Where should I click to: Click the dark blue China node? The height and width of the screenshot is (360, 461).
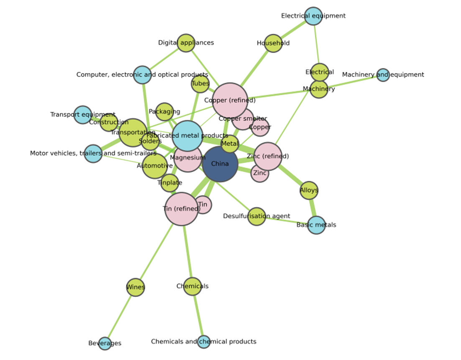pos(220,164)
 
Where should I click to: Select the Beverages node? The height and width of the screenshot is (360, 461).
pos(104,343)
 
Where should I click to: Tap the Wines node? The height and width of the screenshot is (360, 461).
pos(135,287)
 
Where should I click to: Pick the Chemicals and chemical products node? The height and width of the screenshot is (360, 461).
pos(204,342)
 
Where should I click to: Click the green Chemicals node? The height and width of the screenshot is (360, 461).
pos(192,286)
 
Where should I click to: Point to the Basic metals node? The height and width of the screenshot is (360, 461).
pos(316,225)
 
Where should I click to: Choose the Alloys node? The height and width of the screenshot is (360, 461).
pos(309,190)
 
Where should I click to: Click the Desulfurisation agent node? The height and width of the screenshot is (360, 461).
pos(257,216)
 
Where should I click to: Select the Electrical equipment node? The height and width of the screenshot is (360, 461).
pos(313,16)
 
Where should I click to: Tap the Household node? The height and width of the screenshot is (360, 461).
pos(273,43)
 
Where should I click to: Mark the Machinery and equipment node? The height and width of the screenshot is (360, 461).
pos(383,75)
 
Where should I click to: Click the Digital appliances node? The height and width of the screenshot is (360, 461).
pos(186,43)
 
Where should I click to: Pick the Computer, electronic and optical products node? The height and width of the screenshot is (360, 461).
pos(143,75)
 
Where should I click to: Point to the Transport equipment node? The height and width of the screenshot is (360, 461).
pos(83,114)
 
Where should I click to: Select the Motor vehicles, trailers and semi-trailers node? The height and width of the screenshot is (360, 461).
pos(93,153)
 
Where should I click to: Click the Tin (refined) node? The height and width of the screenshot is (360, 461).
pos(181,209)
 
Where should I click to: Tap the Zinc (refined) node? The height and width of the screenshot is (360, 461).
pos(268,157)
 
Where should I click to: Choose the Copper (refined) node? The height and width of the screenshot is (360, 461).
pos(230,100)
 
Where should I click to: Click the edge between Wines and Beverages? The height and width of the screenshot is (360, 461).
pos(120,315)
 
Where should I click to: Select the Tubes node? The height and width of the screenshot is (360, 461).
pos(200,84)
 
